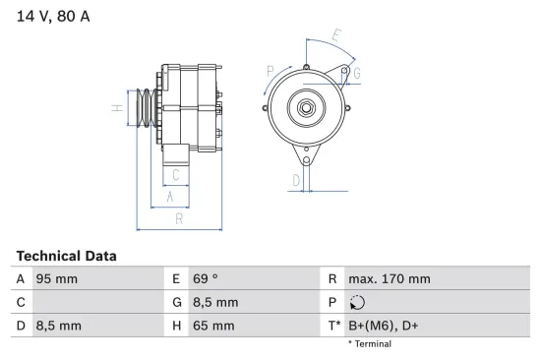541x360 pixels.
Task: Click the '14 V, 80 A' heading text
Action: coord(53,16)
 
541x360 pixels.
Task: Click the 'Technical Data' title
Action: coord(66,256)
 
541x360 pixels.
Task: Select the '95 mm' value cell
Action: coord(57,279)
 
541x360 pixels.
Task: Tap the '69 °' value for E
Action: coord(206,279)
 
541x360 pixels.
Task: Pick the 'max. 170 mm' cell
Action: coord(390,279)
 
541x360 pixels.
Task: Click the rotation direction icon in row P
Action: coord(357,302)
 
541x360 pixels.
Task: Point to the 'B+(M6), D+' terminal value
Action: coord(383,326)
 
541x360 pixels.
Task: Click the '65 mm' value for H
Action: coord(213,326)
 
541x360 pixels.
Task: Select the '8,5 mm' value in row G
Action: coord(215,302)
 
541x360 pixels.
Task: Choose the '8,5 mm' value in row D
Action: coord(59,326)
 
